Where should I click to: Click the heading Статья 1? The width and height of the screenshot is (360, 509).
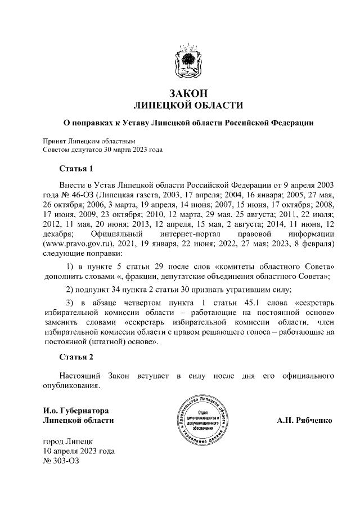[75, 169]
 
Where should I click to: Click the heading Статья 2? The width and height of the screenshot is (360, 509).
[75, 357]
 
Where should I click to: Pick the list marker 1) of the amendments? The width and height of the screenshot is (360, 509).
[71, 265]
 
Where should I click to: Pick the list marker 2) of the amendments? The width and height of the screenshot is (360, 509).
[70, 290]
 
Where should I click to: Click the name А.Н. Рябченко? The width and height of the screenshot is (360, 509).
[304, 420]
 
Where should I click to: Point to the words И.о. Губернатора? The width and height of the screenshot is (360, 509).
[76, 410]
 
